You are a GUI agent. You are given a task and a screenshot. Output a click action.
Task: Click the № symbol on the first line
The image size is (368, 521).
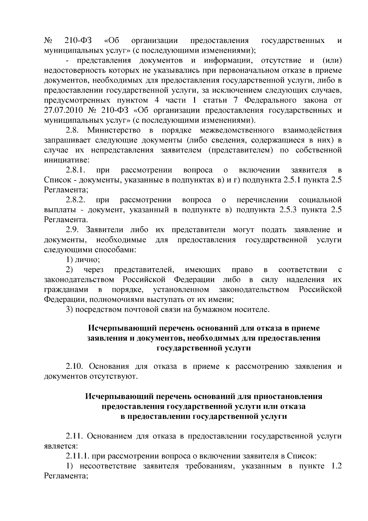click(x=48, y=41)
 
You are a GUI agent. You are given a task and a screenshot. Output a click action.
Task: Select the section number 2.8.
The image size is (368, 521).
click(x=72, y=130)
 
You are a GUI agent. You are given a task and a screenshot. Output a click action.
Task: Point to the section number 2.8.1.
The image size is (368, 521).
click(x=75, y=170)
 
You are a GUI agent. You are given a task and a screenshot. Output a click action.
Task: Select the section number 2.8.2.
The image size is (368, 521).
click(x=75, y=200)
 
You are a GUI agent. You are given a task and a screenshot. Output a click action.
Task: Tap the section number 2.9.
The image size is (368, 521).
click(x=72, y=230)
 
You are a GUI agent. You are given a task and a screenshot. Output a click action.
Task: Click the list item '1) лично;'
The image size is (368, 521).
click(x=83, y=260)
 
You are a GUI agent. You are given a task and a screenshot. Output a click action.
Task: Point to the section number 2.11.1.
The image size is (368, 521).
click(x=77, y=456)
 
